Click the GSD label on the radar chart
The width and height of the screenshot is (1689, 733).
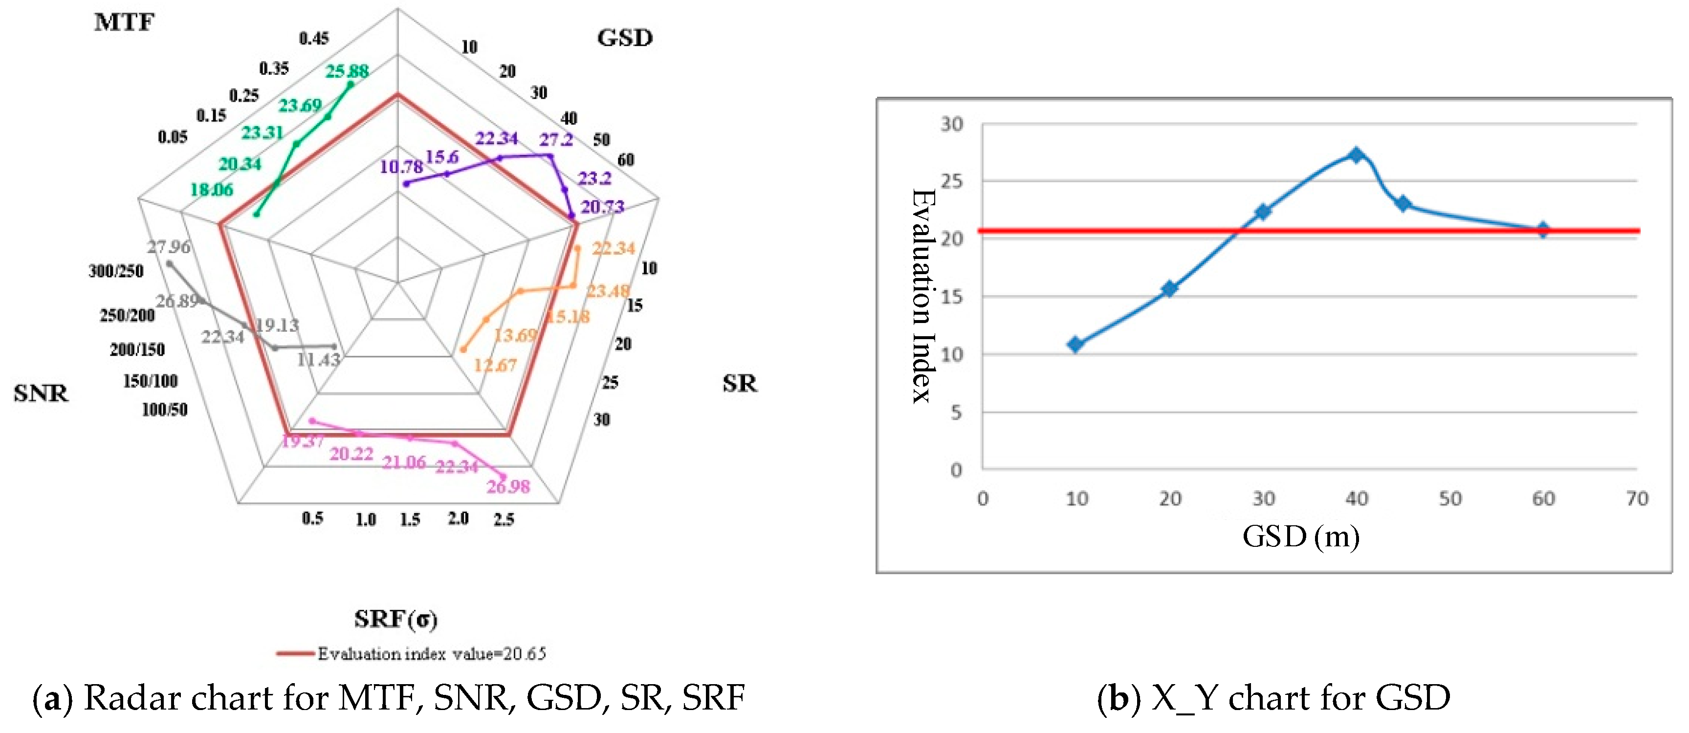(x=624, y=38)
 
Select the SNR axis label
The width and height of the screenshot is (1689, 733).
(x=41, y=393)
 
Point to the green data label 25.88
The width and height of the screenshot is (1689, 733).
(x=347, y=71)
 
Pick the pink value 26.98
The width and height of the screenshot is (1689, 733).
(x=508, y=487)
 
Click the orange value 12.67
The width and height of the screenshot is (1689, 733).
(x=495, y=365)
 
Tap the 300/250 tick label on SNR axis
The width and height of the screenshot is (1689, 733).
(x=116, y=271)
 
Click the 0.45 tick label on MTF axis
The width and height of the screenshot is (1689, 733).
(x=314, y=39)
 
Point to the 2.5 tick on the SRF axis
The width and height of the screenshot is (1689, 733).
(x=504, y=520)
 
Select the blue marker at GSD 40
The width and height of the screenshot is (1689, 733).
(x=1357, y=155)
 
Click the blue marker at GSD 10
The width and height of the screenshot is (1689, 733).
(x=1075, y=345)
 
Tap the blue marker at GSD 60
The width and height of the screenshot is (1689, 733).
(x=1543, y=230)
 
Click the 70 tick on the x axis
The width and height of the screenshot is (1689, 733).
(x=1637, y=499)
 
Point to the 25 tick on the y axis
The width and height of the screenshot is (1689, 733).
(x=952, y=181)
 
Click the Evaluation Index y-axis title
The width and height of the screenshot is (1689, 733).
(x=922, y=296)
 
